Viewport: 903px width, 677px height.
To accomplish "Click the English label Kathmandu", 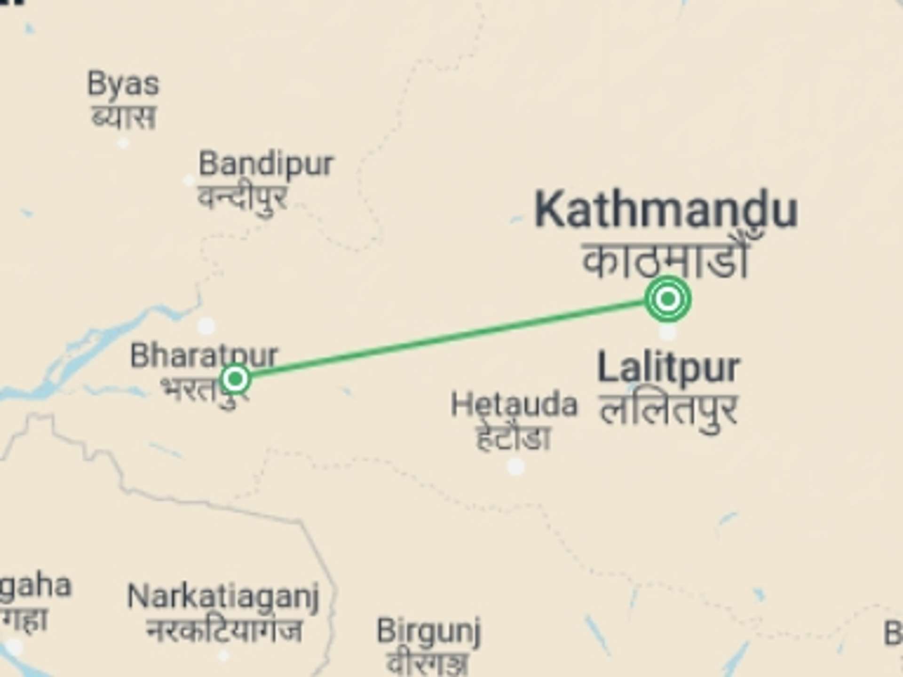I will click(665, 209).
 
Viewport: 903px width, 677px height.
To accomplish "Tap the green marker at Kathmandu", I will click(668, 299).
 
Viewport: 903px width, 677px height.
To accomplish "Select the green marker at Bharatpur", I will click(235, 378).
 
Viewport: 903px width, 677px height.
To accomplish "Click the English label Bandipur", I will click(266, 164).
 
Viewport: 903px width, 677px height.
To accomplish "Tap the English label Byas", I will click(123, 85).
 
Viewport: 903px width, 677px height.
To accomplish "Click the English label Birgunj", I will click(428, 631).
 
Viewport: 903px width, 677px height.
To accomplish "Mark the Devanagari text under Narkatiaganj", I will click(223, 630).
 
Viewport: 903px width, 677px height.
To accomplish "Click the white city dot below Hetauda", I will click(516, 466).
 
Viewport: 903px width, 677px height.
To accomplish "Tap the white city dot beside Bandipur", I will click(189, 180).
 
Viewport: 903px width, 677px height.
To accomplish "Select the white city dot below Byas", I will click(123, 142).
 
